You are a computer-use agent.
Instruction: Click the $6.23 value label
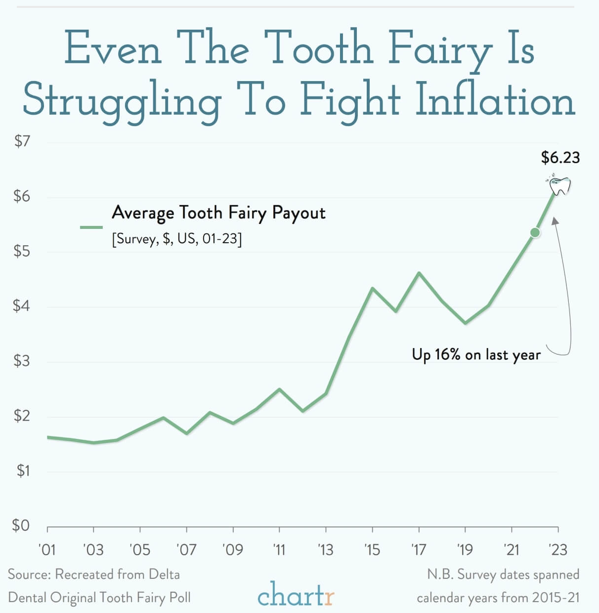tap(560, 158)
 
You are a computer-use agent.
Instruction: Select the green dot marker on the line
tap(535, 232)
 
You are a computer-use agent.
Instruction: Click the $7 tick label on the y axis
tap(22, 142)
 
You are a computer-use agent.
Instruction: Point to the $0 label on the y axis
tap(21, 525)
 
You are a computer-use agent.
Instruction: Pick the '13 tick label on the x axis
tap(325, 550)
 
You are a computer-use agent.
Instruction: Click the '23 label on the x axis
tap(557, 550)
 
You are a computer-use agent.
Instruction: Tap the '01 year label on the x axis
tap(47, 550)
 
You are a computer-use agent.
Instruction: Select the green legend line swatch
tap(91, 227)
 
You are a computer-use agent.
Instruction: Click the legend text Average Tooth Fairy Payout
tap(218, 213)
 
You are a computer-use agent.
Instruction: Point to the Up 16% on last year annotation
tap(476, 354)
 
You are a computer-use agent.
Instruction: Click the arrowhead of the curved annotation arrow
tap(556, 221)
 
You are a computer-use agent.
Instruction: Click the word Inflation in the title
tap(495, 100)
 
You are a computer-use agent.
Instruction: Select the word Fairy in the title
tap(440, 48)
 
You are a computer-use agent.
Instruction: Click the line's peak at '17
tap(419, 273)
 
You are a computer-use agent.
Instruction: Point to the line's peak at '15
tap(372, 288)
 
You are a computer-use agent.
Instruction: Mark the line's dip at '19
tap(465, 323)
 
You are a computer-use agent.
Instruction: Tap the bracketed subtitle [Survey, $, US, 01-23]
tap(177, 239)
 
